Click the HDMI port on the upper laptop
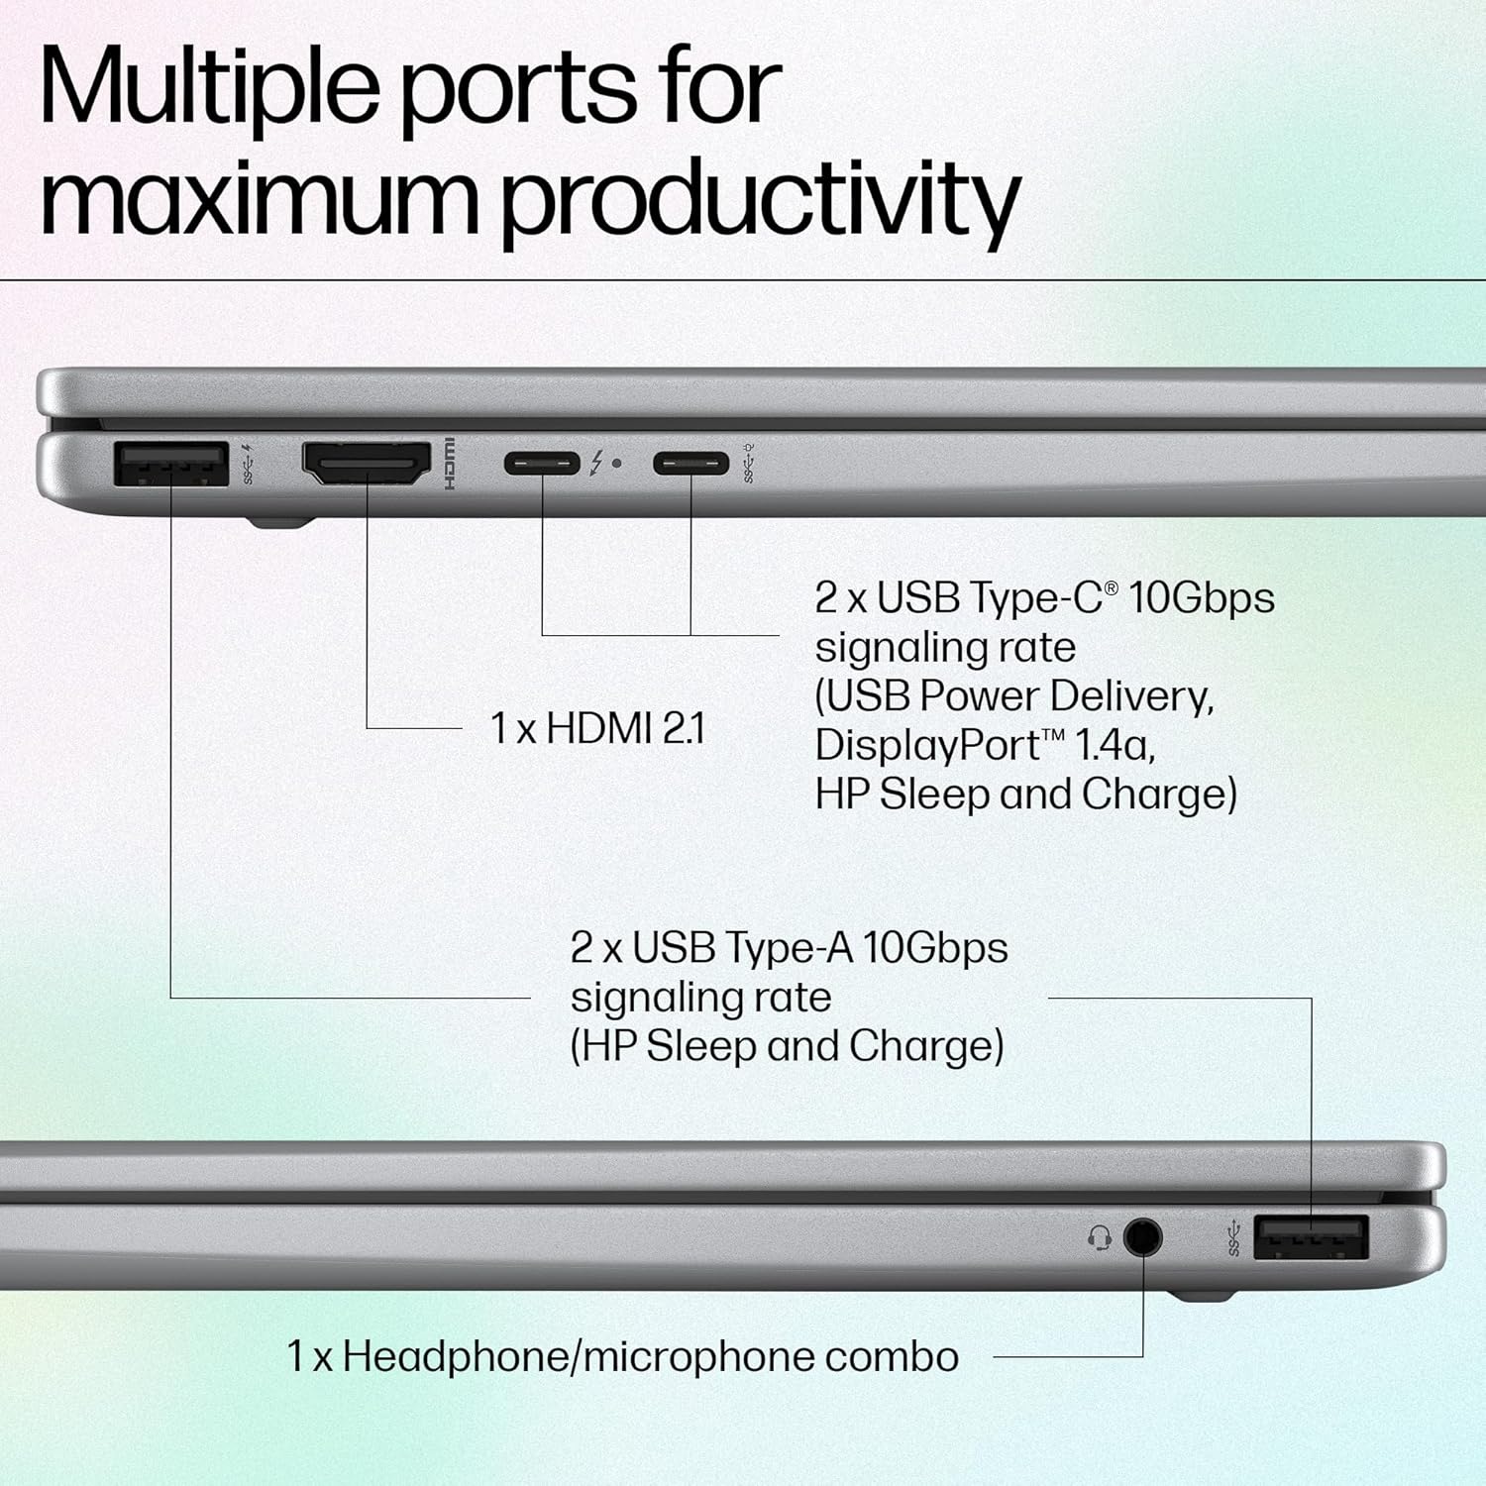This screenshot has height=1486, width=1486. point(367,464)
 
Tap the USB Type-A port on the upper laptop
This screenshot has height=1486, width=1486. point(171,464)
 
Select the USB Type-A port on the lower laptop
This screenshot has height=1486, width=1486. point(1311,1237)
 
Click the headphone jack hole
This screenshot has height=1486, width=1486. point(1142,1236)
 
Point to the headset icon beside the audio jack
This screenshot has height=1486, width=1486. point(1099,1237)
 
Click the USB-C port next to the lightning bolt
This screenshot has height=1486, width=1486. point(542,463)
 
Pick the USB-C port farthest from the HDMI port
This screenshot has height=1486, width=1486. point(690,463)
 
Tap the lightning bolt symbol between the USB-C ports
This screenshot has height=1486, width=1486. point(596,463)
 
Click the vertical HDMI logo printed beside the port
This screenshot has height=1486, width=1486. point(449,464)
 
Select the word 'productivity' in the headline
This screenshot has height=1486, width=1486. point(761,198)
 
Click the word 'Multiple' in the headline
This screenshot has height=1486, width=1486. point(208,87)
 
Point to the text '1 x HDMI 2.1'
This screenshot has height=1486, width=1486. point(597,729)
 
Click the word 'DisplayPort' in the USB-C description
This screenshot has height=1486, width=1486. point(926,745)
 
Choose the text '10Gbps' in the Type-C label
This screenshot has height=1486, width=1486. point(1201,597)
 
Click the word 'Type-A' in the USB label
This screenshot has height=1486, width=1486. point(789,948)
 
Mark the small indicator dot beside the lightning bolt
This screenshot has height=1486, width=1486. point(617,463)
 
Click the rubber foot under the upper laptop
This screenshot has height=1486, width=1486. point(280,520)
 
